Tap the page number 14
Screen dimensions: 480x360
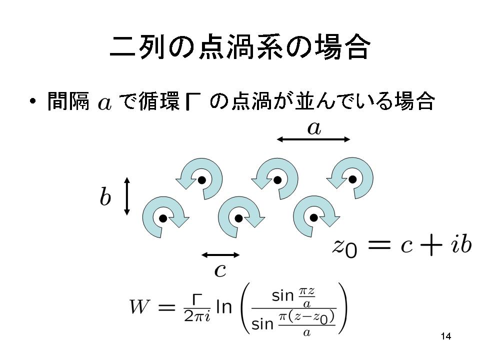click(x=446, y=336)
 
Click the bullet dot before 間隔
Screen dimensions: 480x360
click(x=33, y=101)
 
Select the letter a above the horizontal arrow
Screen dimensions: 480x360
click(x=314, y=128)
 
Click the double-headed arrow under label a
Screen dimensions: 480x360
click(x=313, y=139)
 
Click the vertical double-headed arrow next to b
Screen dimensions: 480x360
click(x=127, y=196)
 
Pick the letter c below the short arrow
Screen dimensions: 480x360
click(x=220, y=270)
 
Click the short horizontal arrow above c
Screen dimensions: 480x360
click(x=220, y=254)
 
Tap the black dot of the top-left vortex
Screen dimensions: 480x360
click(x=201, y=180)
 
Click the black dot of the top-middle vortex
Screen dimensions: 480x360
click(x=277, y=180)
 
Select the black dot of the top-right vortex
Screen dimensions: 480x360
click(x=352, y=179)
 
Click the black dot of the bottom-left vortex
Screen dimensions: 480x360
click(x=163, y=218)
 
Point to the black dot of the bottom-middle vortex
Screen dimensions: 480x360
click(x=239, y=218)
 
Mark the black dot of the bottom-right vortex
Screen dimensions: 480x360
click(x=314, y=217)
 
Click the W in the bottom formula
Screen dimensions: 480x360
click(x=139, y=306)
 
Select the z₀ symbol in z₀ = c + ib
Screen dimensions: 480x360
click(x=344, y=247)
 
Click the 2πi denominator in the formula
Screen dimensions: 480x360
click(x=197, y=316)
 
